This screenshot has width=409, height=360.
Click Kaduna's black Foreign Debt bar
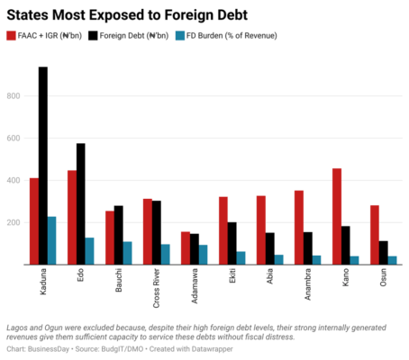43,166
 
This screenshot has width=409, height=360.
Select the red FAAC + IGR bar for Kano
337,217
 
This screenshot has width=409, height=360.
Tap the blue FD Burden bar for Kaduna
51,240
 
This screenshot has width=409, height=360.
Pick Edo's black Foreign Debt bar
81,204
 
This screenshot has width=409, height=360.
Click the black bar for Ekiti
232,243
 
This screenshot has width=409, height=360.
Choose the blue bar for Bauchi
127,253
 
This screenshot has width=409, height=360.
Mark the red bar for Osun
375,235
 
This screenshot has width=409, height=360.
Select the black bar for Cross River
157,233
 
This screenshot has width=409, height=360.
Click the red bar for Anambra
299,228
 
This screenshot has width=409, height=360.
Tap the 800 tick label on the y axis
14,96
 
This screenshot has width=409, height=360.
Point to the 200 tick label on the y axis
14,222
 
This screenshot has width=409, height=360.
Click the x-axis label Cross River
156,288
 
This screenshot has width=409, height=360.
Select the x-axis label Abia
269,276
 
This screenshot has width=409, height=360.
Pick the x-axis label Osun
383,277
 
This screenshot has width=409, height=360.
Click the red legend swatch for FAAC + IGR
11,36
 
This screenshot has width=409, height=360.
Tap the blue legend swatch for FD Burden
180,36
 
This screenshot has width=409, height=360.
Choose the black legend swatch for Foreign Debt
93,36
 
